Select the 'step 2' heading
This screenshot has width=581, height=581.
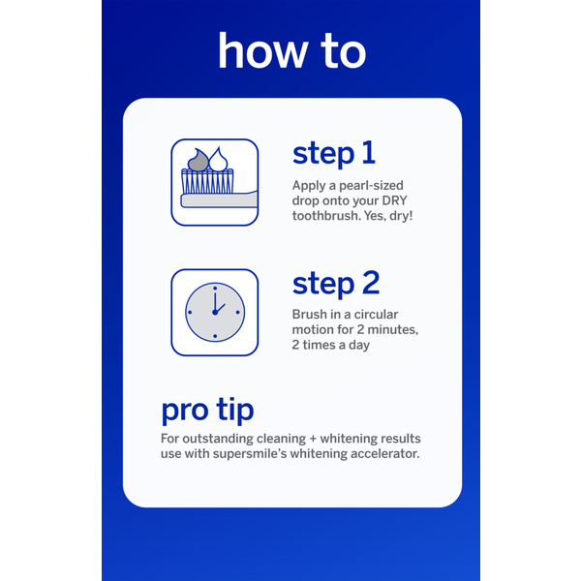coord(336,284)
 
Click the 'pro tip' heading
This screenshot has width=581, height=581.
coord(207,411)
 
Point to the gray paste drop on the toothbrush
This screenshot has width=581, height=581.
coord(199,161)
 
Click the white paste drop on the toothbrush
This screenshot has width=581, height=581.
coord(218,160)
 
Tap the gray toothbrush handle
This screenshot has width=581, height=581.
coord(219,200)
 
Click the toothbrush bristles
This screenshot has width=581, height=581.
coord(207,181)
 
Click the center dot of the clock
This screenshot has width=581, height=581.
coord(215,313)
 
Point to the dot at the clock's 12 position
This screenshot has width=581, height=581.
coord(215,289)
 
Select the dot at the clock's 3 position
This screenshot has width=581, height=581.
coord(238,313)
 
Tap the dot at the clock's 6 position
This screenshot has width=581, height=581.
coord(215,336)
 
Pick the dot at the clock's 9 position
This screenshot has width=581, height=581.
coord(190,313)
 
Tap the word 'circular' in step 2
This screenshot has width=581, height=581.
coord(376,314)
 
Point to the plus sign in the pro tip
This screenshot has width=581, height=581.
coord(313,439)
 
